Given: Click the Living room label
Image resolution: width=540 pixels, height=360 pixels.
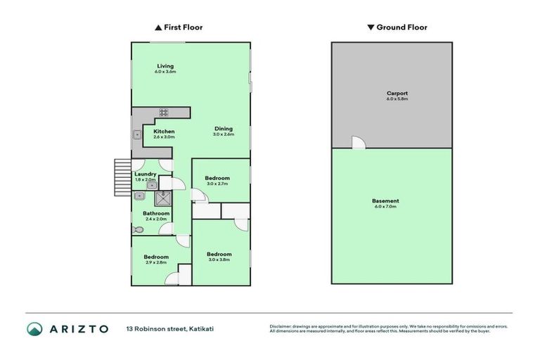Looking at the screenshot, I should pyautogui.click(x=165, y=67).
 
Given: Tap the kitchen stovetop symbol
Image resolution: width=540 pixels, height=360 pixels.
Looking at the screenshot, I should pyautogui.click(x=163, y=112).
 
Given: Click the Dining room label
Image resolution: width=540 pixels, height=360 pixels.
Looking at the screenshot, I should pyautogui.click(x=224, y=129).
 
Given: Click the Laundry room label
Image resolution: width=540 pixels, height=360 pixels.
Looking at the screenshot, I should pyautogui.click(x=145, y=174).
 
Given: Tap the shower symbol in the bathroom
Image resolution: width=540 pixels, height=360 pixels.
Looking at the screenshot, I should pyautogui.click(x=163, y=197).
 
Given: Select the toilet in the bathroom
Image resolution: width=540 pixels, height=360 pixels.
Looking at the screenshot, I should pyautogui.click(x=136, y=229).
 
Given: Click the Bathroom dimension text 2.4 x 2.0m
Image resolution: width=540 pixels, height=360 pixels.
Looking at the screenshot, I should pyautogui.click(x=156, y=219).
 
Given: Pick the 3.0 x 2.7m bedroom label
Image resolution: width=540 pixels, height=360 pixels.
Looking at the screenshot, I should pyautogui.click(x=217, y=179).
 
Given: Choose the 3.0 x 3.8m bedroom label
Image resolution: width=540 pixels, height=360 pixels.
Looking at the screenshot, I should pyautogui.click(x=219, y=254).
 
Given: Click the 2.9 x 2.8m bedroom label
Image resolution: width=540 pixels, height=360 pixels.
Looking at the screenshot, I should pyautogui.click(x=156, y=257).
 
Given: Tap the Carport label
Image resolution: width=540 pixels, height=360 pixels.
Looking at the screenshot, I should pyautogui.click(x=397, y=93).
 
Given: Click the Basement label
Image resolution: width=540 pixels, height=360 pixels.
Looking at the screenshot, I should pyautogui.click(x=385, y=201).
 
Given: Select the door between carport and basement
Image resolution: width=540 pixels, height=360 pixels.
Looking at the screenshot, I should pyautogui.click(x=359, y=143).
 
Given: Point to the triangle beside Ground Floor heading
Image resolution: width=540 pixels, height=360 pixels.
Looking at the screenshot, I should pyautogui.click(x=371, y=27).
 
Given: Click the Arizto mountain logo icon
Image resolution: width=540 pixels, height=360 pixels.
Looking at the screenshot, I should pyautogui.click(x=34, y=328).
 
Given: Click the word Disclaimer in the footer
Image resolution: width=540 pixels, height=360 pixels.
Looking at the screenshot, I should pyautogui.click(x=282, y=326).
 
